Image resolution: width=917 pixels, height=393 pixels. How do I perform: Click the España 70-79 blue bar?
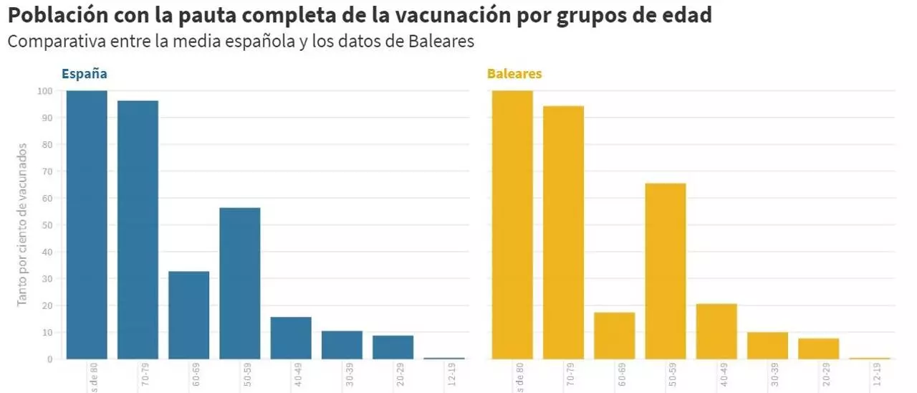click(x=138, y=229)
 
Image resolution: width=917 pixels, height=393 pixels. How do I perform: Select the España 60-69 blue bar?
click(x=188, y=315)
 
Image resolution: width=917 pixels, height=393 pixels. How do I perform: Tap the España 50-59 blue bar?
click(x=240, y=283)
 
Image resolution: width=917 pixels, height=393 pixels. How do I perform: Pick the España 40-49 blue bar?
click(x=291, y=338)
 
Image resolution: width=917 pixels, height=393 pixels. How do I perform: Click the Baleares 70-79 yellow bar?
click(x=563, y=232)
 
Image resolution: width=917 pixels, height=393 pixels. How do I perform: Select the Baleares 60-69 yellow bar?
click(x=614, y=336)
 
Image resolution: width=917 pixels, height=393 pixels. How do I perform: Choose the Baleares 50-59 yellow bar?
click(x=666, y=271)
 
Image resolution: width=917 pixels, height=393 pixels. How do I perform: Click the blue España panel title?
click(x=85, y=74)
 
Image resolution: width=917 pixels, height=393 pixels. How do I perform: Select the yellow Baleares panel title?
click(x=514, y=74)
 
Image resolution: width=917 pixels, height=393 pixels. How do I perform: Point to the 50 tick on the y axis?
click(x=47, y=225)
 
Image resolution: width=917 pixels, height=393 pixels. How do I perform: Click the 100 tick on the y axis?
click(x=45, y=91)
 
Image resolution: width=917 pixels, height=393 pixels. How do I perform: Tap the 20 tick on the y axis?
click(x=47, y=306)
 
